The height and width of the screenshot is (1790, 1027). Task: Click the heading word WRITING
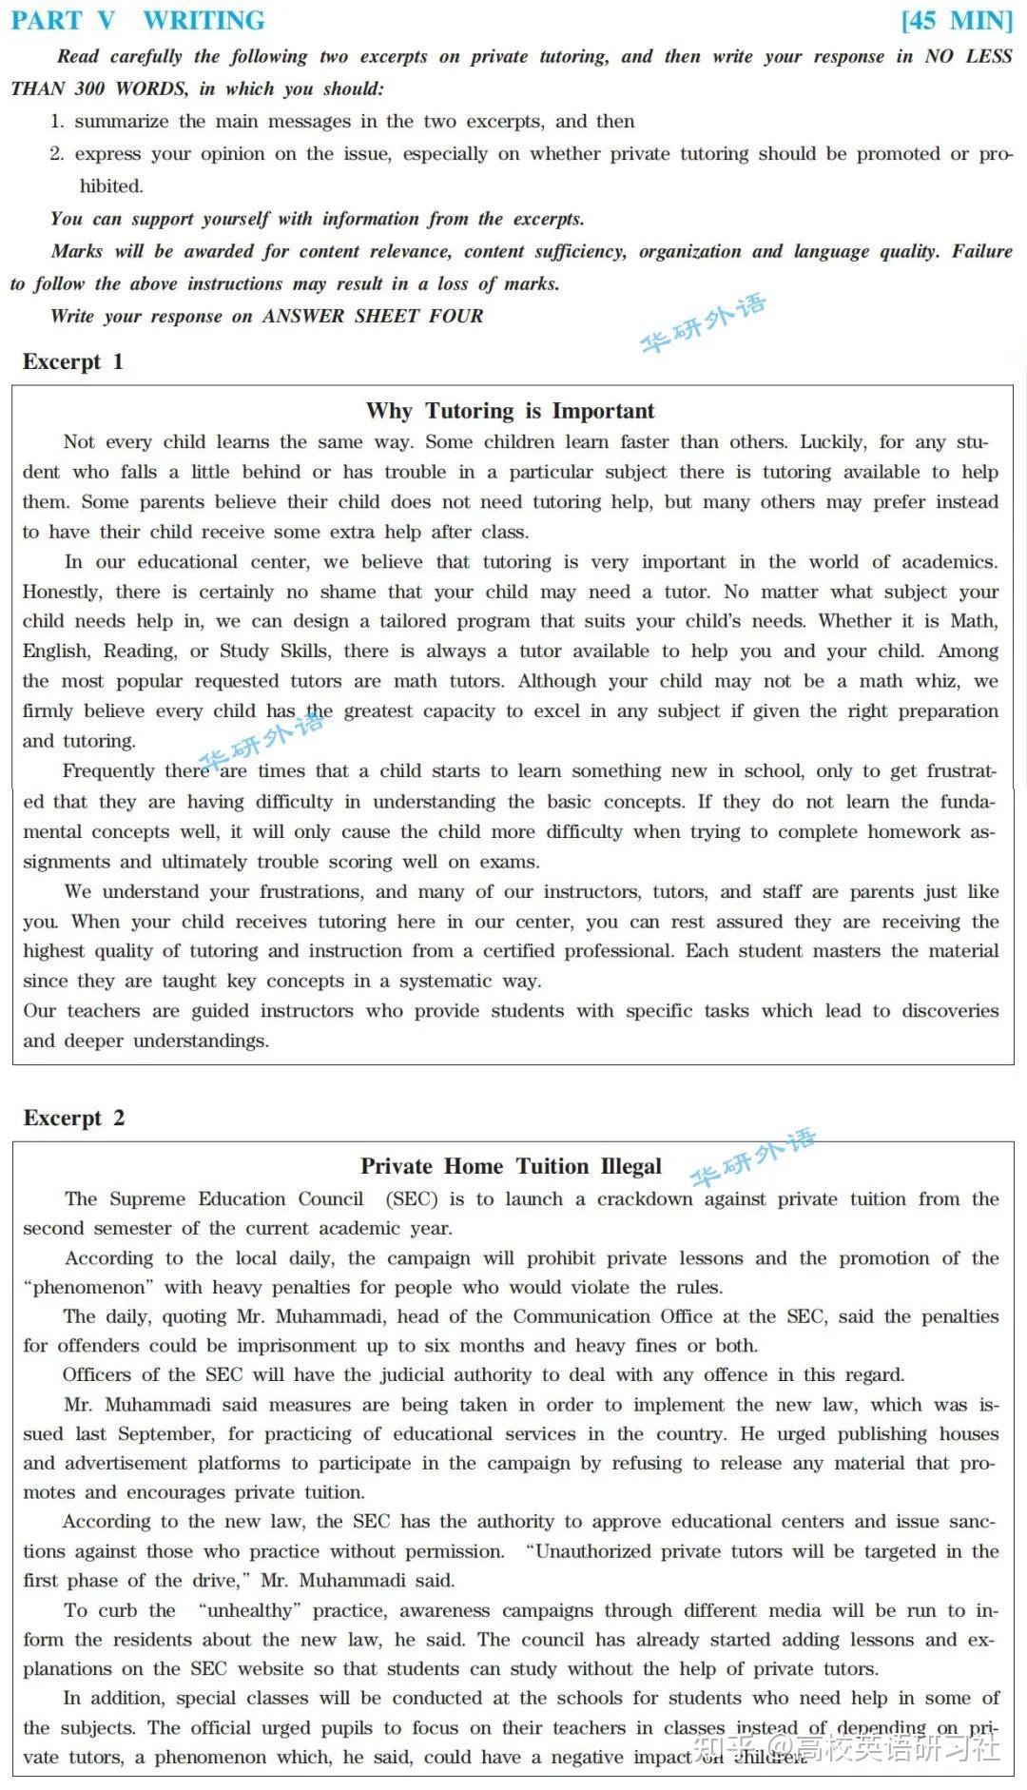pyautogui.click(x=203, y=21)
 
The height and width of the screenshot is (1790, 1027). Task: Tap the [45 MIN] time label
pyautogui.click(x=957, y=21)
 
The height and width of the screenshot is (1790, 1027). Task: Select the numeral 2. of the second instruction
pyautogui.click(x=57, y=154)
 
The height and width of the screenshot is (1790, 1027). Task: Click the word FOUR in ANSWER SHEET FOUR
pyautogui.click(x=456, y=317)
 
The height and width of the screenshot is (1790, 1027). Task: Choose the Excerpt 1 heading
pyautogui.click(x=73, y=361)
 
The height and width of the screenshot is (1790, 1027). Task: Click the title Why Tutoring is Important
pyautogui.click(x=511, y=411)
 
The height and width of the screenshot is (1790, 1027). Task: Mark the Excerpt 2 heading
pyautogui.click(x=74, y=1118)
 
